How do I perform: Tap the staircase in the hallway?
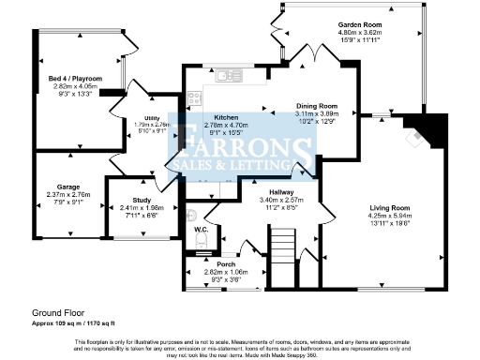point(283,250)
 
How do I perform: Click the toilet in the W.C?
point(194,242)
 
